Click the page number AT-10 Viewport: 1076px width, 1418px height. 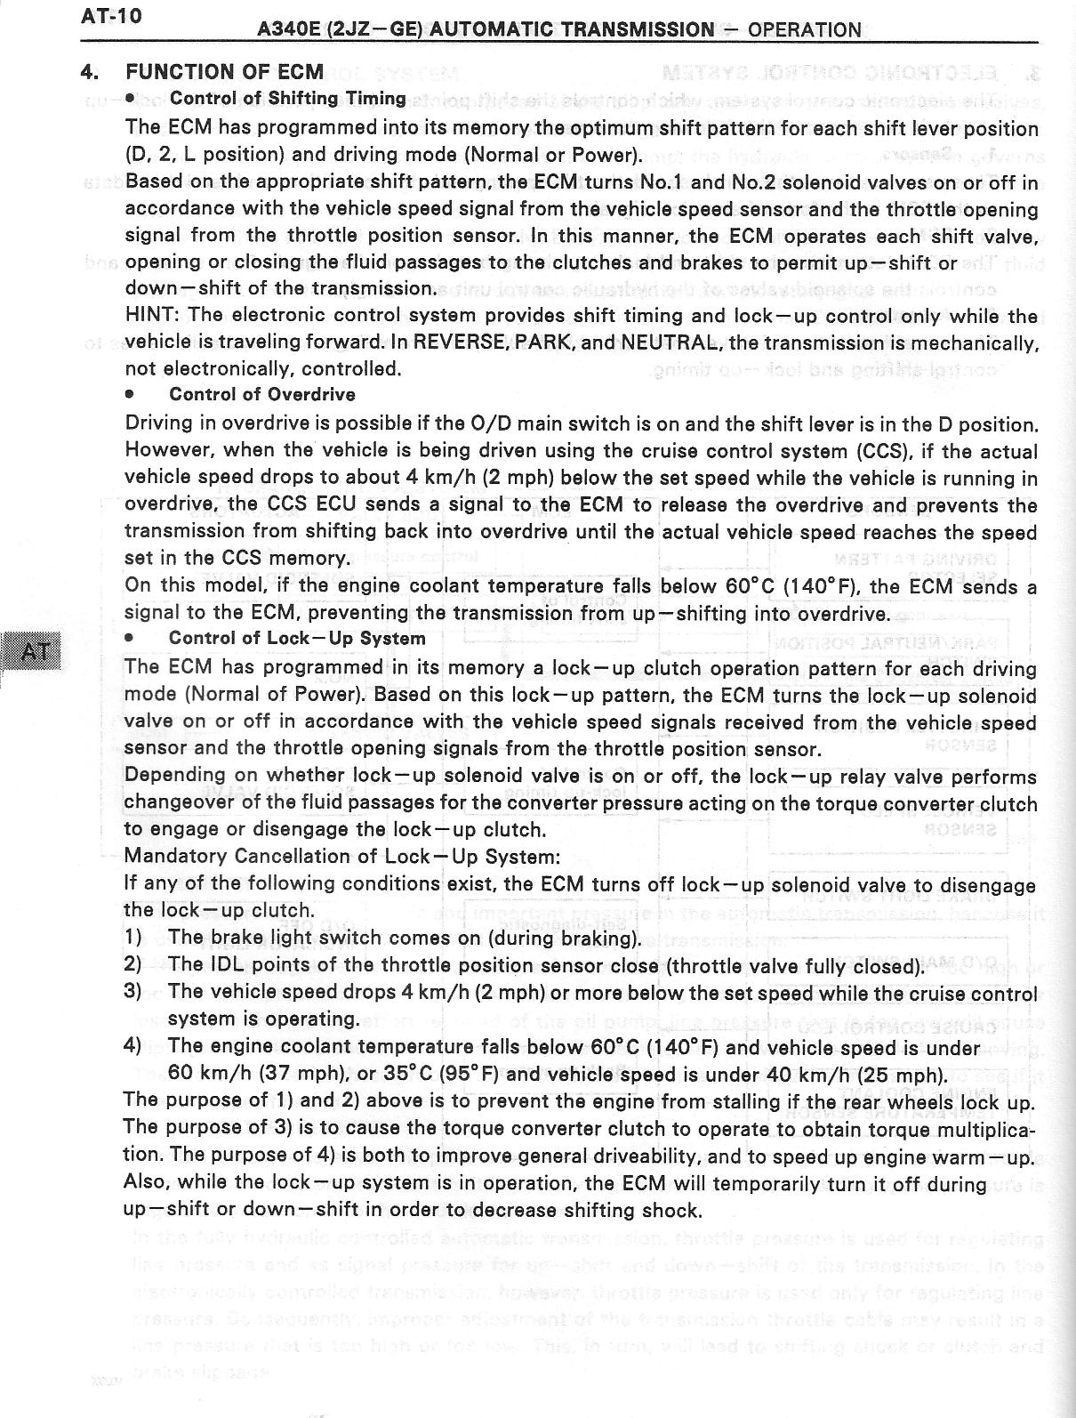point(111,16)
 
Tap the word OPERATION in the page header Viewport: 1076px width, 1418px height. point(804,30)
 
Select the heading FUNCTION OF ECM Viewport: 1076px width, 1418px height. point(225,72)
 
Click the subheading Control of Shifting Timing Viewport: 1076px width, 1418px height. point(287,98)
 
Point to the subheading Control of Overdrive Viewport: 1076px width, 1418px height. point(261,394)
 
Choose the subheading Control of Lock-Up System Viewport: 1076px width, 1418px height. point(297,638)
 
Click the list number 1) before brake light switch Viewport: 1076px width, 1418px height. point(133,938)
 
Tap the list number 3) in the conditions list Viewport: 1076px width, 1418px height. point(133,992)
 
